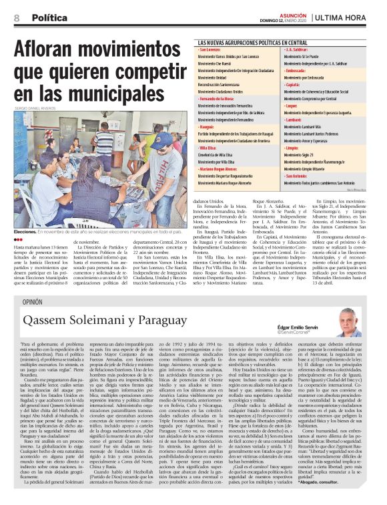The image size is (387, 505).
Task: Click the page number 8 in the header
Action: [17, 18]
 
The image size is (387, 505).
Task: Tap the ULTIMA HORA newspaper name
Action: [349, 18]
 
